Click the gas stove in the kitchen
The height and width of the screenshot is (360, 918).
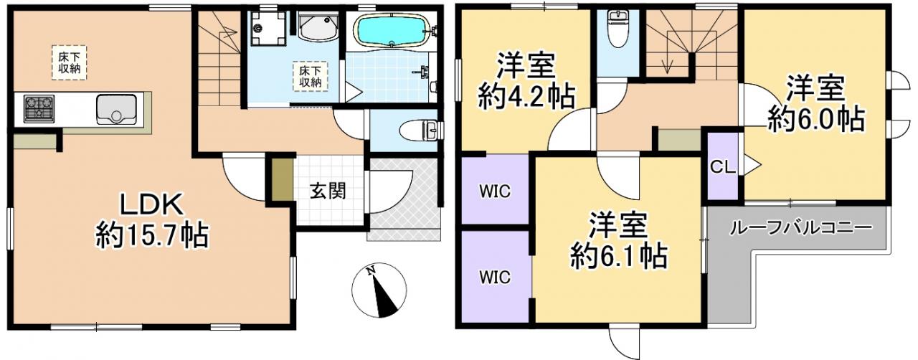[39, 109]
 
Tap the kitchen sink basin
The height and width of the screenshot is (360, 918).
[116, 109]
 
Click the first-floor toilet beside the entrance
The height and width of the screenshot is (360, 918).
[420, 131]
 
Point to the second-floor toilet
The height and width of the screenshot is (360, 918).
[617, 28]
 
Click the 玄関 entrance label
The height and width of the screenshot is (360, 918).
[328, 191]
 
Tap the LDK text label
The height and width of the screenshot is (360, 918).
[151, 204]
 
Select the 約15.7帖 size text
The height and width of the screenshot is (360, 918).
[152, 235]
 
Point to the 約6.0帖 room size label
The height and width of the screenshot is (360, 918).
[816, 119]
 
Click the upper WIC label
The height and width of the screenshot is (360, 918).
[495, 191]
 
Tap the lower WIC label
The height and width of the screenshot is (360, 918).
[495, 278]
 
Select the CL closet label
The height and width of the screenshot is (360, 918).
[723, 167]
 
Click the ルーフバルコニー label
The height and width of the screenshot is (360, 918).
[801, 228]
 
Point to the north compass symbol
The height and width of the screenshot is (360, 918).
[379, 290]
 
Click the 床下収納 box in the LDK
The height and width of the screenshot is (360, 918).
[70, 62]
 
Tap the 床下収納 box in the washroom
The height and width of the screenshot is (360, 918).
[311, 76]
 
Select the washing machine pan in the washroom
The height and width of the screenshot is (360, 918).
[268, 27]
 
